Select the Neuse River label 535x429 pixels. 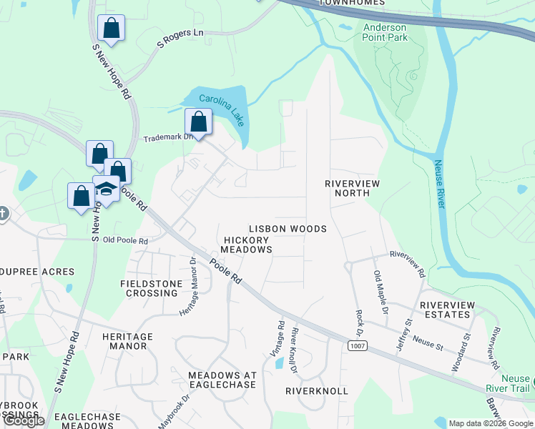[439, 184]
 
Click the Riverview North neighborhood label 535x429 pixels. [352, 188]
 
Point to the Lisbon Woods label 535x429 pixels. [288, 229]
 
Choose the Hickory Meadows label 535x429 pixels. [246, 245]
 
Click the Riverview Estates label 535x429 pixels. [448, 310]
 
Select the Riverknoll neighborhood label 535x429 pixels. [316, 391]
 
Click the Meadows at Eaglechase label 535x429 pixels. [222, 380]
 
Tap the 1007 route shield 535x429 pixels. [358, 345]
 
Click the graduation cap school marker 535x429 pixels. [106, 189]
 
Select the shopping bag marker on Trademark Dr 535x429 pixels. [199, 122]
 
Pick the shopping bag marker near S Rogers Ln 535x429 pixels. [111, 29]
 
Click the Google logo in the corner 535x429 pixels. [23, 420]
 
